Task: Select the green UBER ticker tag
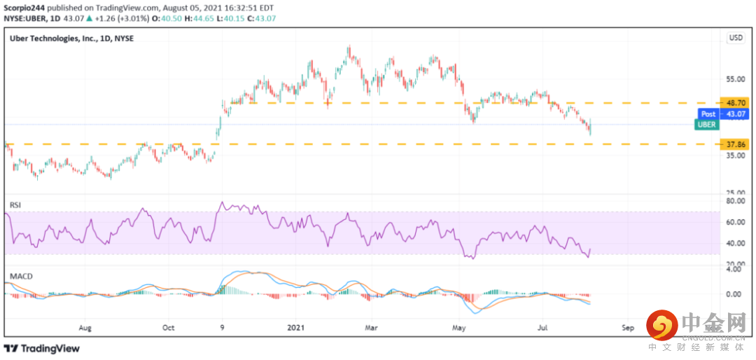coord(706,125)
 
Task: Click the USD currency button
coord(736,38)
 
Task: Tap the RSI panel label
coord(15,205)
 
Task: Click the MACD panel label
coord(18,277)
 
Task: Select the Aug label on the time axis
coord(85,328)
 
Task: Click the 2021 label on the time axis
coord(296,328)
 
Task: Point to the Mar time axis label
coord(371,328)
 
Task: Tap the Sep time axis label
coord(626,328)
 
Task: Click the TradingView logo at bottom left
coord(41,348)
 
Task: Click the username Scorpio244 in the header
coord(23,8)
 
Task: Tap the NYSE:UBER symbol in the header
coord(24,19)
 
